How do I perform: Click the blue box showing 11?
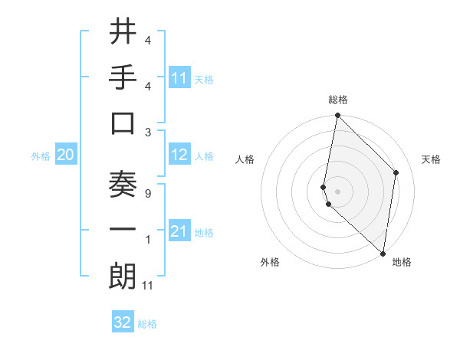pos(179,77)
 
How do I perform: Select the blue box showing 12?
pos(179,155)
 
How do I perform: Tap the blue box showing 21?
pos(179,231)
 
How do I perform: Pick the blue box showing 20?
pos(65,155)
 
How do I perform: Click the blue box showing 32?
pos(123,322)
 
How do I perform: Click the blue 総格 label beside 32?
pos(147,324)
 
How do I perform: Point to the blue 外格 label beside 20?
pos(40,156)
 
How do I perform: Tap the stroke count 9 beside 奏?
pos(147,194)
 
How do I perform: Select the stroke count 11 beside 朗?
pos(148,286)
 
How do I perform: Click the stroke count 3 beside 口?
pos(147,132)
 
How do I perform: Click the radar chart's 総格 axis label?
pos(338,100)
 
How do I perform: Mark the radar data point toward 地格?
pos(383,254)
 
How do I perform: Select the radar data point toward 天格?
pos(396,172)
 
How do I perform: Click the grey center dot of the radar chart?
pos(338,191)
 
